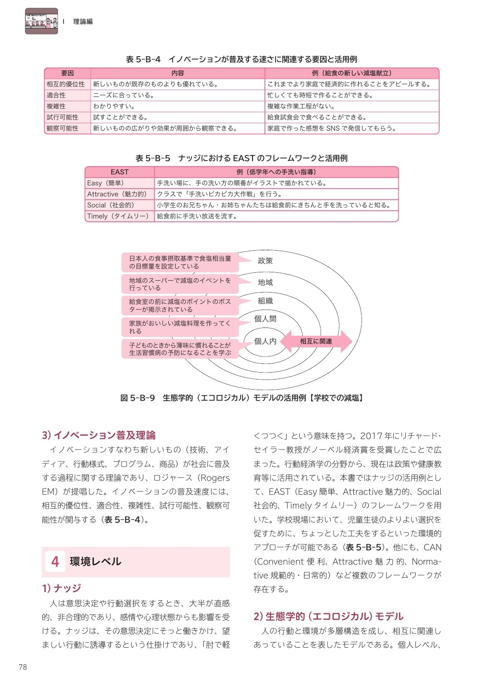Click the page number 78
(23, 667)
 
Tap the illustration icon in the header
(41, 21)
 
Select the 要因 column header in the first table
(68, 73)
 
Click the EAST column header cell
(120, 172)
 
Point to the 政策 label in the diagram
(265, 261)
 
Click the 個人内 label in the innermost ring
(265, 341)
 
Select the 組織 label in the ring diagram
(265, 301)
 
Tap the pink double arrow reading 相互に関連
(316, 341)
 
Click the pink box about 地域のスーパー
(180, 284)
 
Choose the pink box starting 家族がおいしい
(180, 327)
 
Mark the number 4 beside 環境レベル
(55, 562)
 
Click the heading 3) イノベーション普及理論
(99, 435)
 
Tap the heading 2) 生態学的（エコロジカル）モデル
(328, 616)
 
